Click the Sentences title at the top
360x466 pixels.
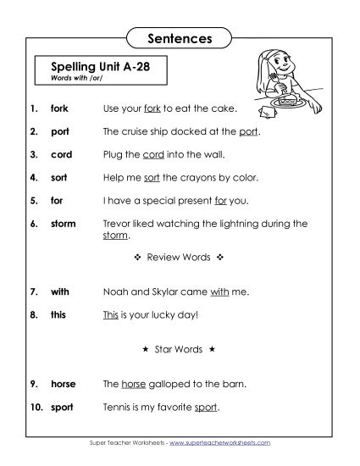point(179,38)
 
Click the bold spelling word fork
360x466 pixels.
point(60,109)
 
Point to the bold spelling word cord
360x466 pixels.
point(62,155)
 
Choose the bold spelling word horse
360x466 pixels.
point(64,384)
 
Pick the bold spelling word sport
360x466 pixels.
point(62,407)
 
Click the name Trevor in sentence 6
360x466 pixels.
point(118,224)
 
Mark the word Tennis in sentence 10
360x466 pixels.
point(117,407)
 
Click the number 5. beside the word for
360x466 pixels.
point(33,201)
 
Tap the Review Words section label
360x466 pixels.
point(179,255)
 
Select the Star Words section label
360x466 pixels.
point(179,349)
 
